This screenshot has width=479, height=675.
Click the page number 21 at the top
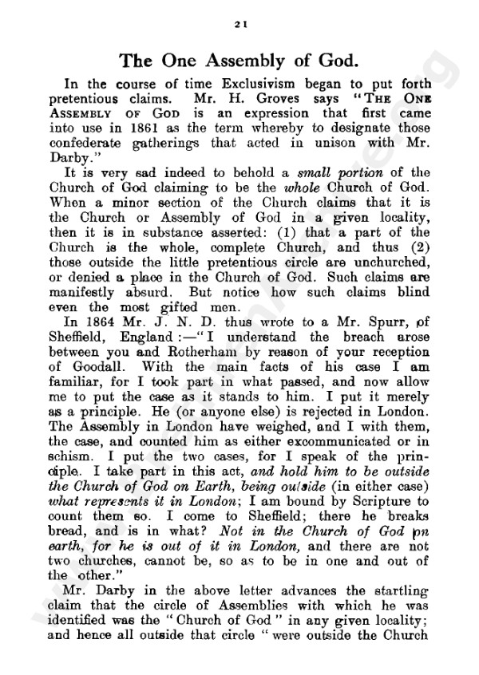(239, 26)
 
